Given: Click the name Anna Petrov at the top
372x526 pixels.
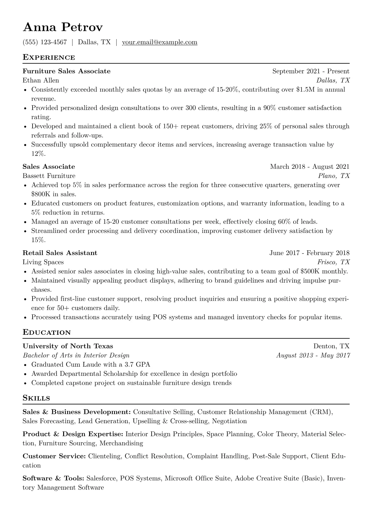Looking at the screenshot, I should tap(63, 28).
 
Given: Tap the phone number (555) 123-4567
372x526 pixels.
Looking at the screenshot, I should tap(45, 42).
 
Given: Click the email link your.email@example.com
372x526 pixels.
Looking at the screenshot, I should tap(159, 42).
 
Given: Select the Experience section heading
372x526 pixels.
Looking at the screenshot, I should tap(49, 58).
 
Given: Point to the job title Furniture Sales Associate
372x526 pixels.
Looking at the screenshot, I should tap(67, 71).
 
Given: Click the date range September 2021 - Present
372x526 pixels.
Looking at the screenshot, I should tap(311, 71).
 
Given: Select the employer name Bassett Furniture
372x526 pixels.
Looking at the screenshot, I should tap(49, 176).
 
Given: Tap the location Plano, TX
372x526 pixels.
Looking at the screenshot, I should tap(334, 176).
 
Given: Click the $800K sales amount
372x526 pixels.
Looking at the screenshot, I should tap(41, 194).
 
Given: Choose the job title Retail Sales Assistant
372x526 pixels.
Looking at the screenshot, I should tap(60, 253).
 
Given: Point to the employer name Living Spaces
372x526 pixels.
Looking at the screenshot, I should tap(43, 262).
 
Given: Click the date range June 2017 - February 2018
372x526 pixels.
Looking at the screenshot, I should tap(309, 253).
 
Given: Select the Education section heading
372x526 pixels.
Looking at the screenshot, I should tap(47, 333).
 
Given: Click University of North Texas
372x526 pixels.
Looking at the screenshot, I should tap(68, 346).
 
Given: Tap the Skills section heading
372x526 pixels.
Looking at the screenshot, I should tap(36, 398).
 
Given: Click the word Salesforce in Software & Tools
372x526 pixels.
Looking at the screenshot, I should tap(102, 478).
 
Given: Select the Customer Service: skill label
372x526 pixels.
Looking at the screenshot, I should tap(54, 456).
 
